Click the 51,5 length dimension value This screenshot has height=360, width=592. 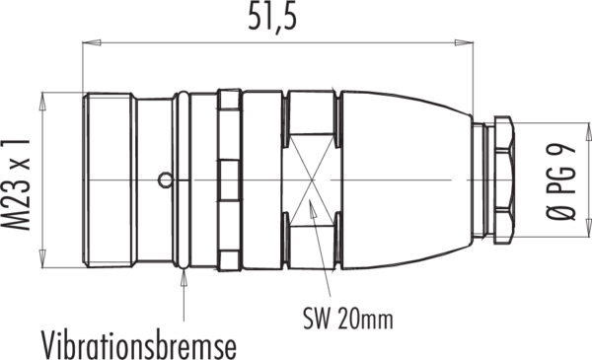point(272,18)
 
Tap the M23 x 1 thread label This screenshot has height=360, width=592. point(16,184)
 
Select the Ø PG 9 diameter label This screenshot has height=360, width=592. point(561,181)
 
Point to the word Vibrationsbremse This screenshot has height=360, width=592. point(138,344)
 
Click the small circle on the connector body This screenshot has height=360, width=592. point(165,180)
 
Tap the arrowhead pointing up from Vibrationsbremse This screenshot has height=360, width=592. point(184,278)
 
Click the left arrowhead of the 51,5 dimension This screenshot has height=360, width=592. point(92,42)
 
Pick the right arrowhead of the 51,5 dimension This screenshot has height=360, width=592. point(464,42)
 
